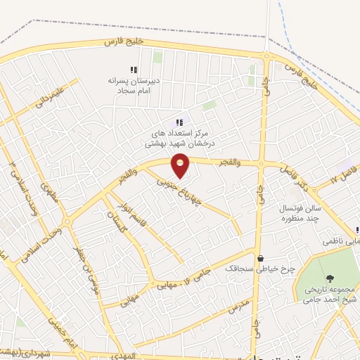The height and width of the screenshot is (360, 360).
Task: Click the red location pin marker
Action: (x=181, y=165)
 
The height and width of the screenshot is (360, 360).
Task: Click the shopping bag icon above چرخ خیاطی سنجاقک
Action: (x=261, y=259)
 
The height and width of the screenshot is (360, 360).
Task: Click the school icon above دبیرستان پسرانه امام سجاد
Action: (x=133, y=70)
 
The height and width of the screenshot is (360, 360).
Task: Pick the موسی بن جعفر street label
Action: (x=84, y=268)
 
